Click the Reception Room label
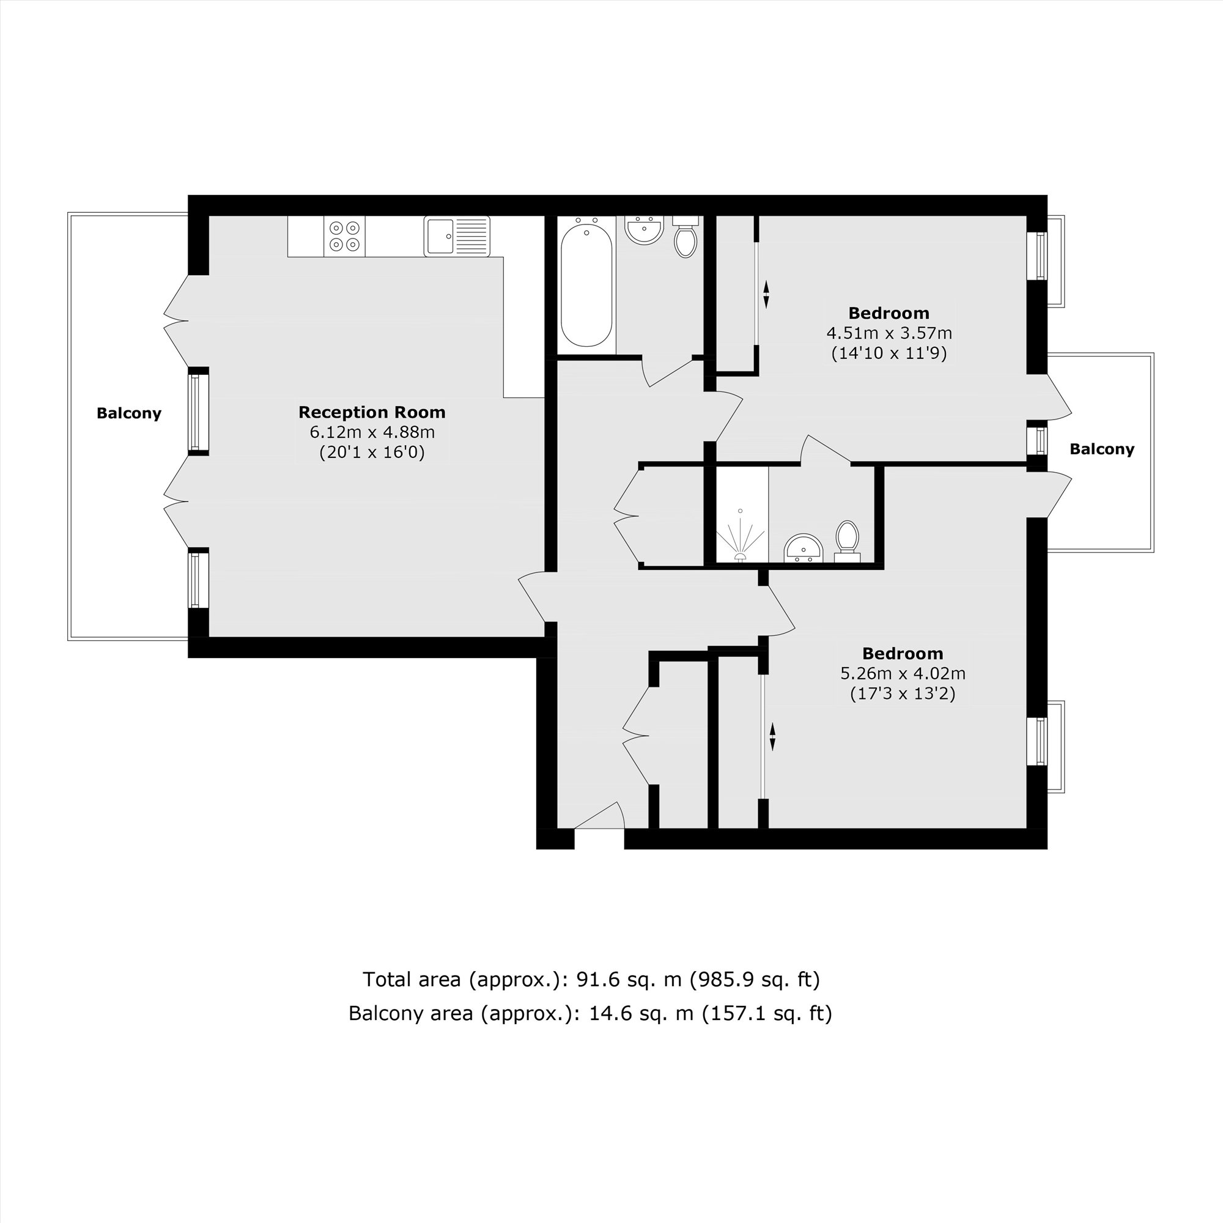point(372,412)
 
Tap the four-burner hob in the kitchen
point(344,236)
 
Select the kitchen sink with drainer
point(457,236)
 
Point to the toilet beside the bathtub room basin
point(685,237)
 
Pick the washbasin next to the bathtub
point(644,230)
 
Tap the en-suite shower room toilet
point(847,541)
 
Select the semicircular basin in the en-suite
point(803,548)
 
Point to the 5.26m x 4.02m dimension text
point(903,673)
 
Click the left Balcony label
point(129,413)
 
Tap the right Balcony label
point(1102,449)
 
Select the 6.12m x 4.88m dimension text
point(372,432)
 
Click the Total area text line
point(591,980)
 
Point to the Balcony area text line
point(590,1013)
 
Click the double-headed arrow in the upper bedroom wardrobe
point(766,294)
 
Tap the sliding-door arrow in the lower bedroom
point(772,737)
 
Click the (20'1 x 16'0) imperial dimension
point(372,453)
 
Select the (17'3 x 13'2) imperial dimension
point(903,694)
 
